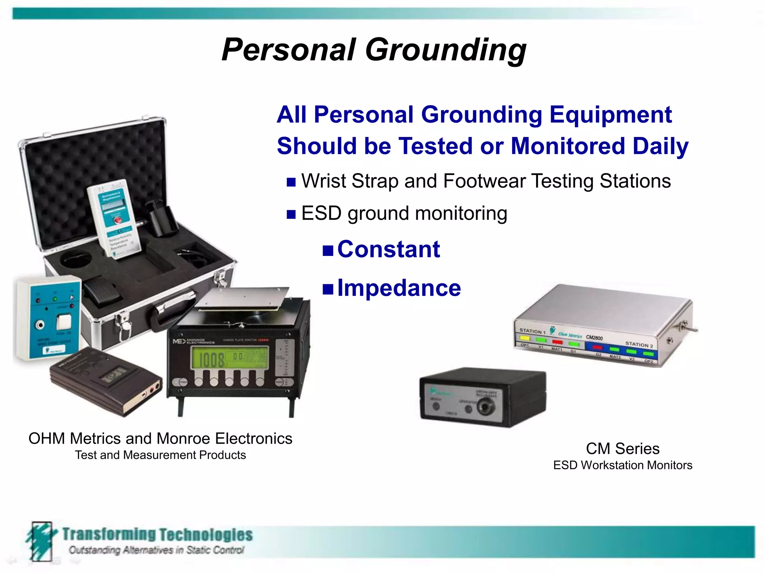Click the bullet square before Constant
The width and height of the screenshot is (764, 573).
tap(328, 250)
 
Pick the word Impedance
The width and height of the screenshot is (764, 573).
tap(399, 288)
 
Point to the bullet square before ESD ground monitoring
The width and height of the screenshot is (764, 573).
tap(291, 215)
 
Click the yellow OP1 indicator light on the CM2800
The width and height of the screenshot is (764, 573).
tap(525, 339)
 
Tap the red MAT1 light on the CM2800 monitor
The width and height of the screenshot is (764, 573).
tap(557, 342)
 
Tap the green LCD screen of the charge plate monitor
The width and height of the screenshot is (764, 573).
tap(229, 357)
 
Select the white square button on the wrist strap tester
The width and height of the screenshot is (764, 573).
tap(64, 321)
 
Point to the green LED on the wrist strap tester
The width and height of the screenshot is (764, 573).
tap(55, 299)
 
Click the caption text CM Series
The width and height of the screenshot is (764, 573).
tap(622, 449)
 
